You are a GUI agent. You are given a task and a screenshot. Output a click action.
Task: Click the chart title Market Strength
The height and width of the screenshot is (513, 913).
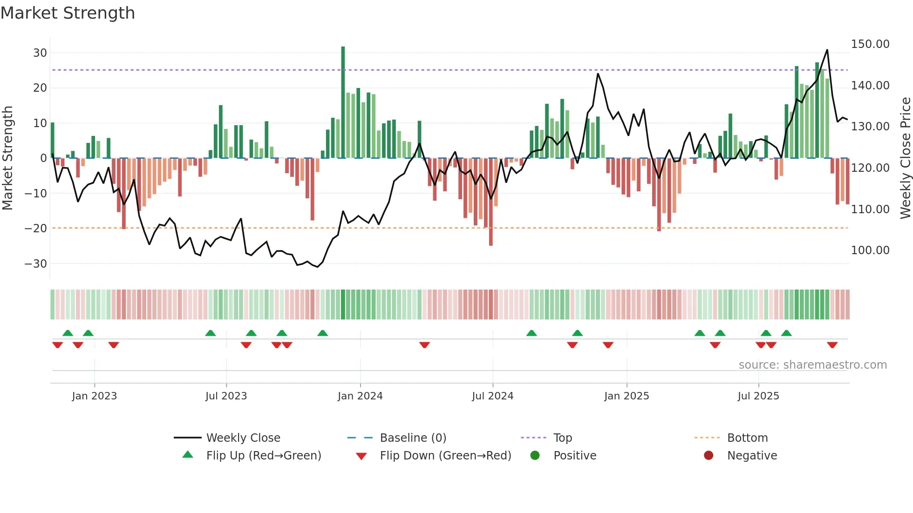pyautogui.click(x=68, y=13)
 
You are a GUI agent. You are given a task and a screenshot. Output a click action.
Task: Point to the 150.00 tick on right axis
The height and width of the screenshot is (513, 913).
pyautogui.click(x=870, y=44)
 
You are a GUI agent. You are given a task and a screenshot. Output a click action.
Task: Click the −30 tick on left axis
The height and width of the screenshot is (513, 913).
pyautogui.click(x=36, y=264)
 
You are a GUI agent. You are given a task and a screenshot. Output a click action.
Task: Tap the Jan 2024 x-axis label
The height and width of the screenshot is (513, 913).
pyautogui.click(x=360, y=396)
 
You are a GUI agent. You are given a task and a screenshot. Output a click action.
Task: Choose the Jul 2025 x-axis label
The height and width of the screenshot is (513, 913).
pyautogui.click(x=758, y=396)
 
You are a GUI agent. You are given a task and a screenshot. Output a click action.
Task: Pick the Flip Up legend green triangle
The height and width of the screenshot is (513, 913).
pyautogui.click(x=188, y=455)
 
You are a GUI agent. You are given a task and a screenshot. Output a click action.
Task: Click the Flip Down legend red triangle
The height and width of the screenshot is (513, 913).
pyautogui.click(x=361, y=456)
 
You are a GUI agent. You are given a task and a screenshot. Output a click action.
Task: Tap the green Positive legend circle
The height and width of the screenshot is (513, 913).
pyautogui.click(x=535, y=456)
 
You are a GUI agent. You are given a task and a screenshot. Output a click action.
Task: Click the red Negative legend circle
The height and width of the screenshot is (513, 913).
pyautogui.click(x=709, y=456)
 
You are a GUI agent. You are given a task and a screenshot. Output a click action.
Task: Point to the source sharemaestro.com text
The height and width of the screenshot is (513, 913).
pyautogui.click(x=812, y=365)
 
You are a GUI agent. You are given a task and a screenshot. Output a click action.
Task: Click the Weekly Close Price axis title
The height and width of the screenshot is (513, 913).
pyautogui.click(x=905, y=158)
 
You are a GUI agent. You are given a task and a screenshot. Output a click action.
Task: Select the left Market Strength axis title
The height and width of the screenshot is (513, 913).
pyautogui.click(x=7, y=158)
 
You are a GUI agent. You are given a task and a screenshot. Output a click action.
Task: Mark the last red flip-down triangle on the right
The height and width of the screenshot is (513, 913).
pyautogui.click(x=832, y=345)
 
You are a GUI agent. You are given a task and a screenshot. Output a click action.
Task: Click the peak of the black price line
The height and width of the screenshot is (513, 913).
pyautogui.click(x=827, y=50)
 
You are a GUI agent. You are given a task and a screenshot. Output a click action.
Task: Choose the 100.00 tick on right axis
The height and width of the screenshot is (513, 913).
pyautogui.click(x=870, y=250)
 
